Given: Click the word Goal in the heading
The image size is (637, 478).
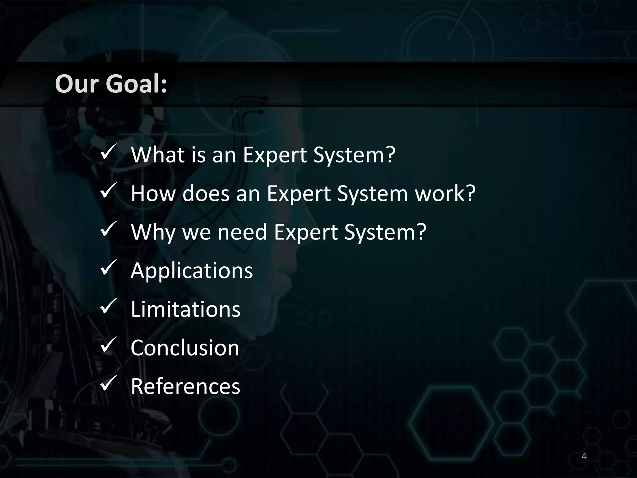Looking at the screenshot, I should point(136,84).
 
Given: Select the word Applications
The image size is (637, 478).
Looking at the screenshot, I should point(192,270).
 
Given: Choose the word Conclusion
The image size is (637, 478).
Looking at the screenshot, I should point(185,348).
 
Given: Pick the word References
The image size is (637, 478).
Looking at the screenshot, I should point(185,386).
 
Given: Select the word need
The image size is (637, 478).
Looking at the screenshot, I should point(242,232).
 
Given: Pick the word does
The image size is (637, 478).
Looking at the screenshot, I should point(206,193).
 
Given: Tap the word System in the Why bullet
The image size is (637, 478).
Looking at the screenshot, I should point(385,232).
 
